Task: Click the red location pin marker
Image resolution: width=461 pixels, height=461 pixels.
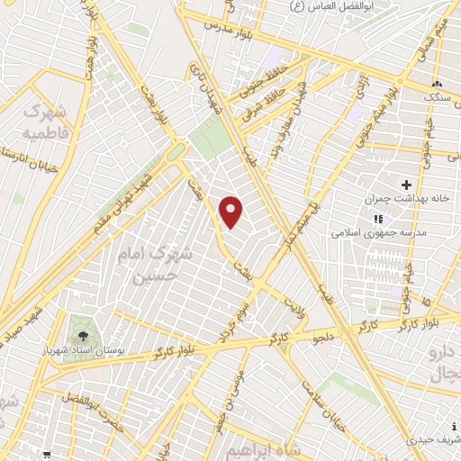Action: click(232, 212)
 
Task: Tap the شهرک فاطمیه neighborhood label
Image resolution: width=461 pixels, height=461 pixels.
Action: click(44, 124)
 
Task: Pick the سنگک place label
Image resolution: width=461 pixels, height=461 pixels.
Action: click(439, 95)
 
